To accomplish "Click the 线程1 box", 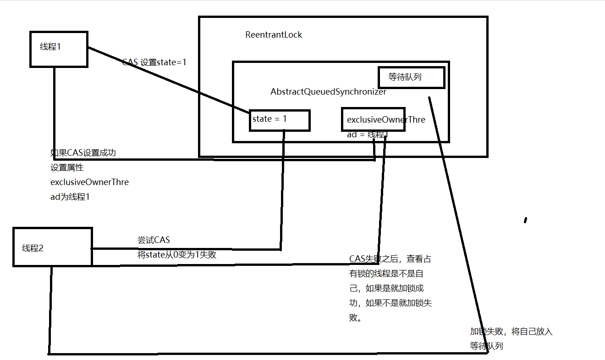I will point(59,49).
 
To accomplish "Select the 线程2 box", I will point(52,247).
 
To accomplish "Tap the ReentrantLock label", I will point(274,35).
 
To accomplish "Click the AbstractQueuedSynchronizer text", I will point(328,92).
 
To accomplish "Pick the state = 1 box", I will point(280,120).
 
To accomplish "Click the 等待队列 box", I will point(411,78).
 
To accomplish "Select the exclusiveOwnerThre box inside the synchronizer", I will point(373,119).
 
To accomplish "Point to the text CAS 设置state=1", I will point(154,62).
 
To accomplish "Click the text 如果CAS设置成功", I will point(83,153).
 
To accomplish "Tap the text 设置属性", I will point(67,168).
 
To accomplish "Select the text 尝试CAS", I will point(154,240).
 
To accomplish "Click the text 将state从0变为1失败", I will point(177,254).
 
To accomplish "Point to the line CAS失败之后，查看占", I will point(390,259).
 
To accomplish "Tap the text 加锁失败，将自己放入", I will point(511,332).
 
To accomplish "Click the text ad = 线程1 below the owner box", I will point(368,135).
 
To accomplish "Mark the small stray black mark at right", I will point(525,220).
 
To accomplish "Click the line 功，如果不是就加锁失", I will point(390,303).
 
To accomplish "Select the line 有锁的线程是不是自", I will point(386,274).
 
